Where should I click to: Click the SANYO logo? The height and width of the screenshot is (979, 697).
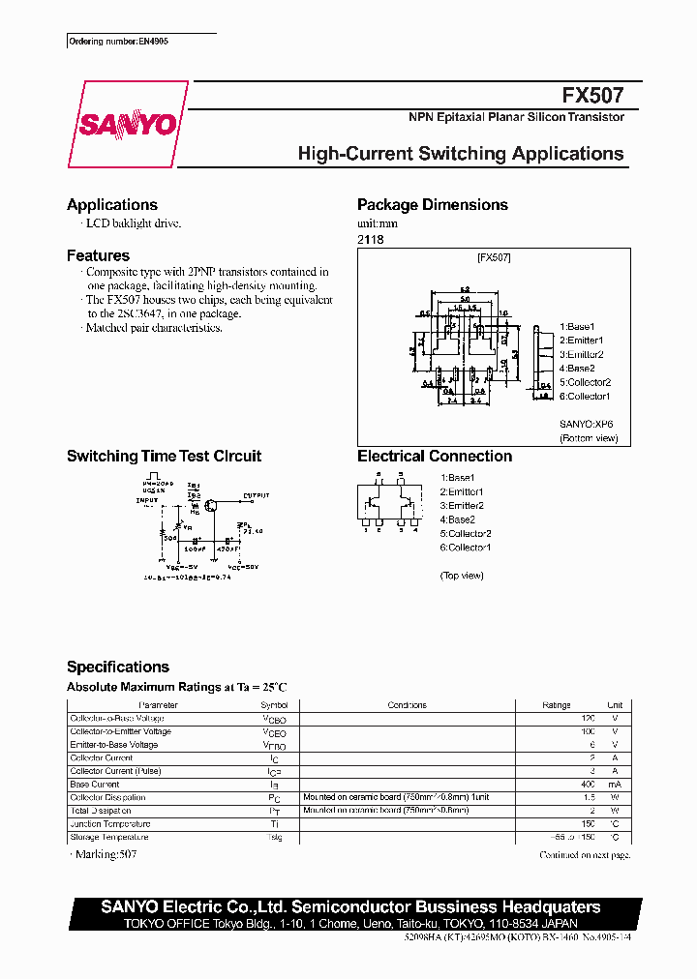pos(127,124)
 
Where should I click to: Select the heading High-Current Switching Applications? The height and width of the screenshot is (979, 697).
pos(461,154)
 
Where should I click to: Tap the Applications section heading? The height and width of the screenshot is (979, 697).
pos(112,205)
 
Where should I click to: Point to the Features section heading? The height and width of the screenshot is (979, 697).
pos(98,256)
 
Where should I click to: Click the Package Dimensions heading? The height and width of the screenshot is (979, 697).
pos(433,205)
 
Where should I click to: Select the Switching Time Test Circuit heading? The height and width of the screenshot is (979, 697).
pos(164,457)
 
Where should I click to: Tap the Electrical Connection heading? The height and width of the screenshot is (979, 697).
pos(435,457)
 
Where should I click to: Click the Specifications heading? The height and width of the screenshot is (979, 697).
pos(118,667)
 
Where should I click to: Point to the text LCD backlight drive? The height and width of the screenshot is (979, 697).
pos(134,223)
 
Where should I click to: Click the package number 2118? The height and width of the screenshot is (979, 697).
pos(371,239)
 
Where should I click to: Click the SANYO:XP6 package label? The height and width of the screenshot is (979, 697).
pos(586,424)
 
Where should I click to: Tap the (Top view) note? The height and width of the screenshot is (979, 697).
pos(462,576)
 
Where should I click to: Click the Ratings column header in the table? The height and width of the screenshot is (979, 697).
pos(557,705)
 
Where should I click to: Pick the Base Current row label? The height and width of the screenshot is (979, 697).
pos(95,785)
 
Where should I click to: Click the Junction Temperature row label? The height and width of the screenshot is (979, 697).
pos(110,824)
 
